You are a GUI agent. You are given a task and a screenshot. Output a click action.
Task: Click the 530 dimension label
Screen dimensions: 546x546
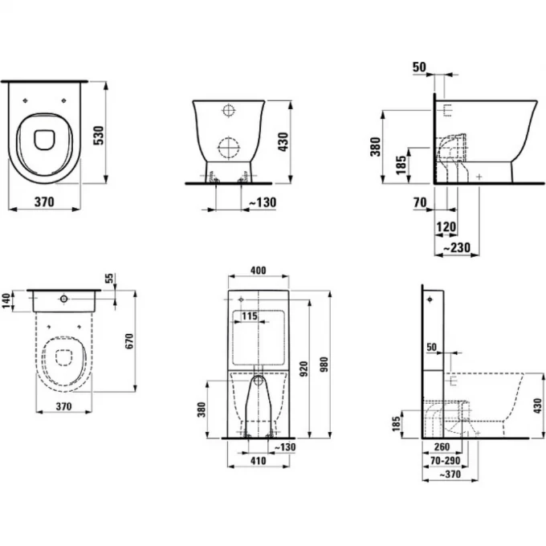pyautogui.click(x=99, y=136)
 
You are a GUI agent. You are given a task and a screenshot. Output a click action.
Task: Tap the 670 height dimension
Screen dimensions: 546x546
pyautogui.click(x=129, y=341)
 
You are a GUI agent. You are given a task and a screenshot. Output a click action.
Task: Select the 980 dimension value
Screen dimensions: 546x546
pyautogui.click(x=324, y=365)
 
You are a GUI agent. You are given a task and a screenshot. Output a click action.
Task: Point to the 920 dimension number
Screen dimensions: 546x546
pyautogui.click(x=304, y=369)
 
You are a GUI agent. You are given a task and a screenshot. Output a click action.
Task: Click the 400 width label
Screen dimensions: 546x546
pyautogui.click(x=258, y=271)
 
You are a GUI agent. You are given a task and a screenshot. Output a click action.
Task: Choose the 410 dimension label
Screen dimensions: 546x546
pyautogui.click(x=258, y=461)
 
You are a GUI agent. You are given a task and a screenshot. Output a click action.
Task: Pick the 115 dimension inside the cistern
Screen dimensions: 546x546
pyautogui.click(x=250, y=316)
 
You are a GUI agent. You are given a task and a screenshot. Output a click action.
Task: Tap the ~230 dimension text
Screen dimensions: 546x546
pyautogui.click(x=457, y=247)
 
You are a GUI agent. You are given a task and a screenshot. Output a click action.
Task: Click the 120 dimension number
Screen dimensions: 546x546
pyautogui.click(x=446, y=227)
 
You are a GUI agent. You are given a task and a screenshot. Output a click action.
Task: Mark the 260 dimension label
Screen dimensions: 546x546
pyautogui.click(x=442, y=446)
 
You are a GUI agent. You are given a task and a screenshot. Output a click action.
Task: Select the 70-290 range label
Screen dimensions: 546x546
pyautogui.click(x=446, y=461)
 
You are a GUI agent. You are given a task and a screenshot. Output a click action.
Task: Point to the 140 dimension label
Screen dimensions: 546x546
pyautogui.click(x=6, y=301)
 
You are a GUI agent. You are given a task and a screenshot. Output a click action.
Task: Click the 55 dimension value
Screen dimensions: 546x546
pyautogui.click(x=109, y=279)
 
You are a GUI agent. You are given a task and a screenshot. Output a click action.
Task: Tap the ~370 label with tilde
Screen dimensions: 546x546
pyautogui.click(x=450, y=474)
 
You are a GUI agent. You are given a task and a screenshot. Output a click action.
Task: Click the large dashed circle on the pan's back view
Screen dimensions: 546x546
pyautogui.click(x=228, y=148)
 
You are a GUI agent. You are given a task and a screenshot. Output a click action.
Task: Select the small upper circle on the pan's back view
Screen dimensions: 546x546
pyautogui.click(x=228, y=110)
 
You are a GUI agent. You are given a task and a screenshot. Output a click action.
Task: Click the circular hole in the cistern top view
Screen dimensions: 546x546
pyautogui.click(x=63, y=299)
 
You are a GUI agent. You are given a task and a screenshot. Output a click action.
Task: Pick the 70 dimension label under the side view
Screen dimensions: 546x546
pyautogui.click(x=420, y=202)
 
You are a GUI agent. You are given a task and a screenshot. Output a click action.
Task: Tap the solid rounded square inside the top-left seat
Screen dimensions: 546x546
pyautogui.click(x=45, y=140)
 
